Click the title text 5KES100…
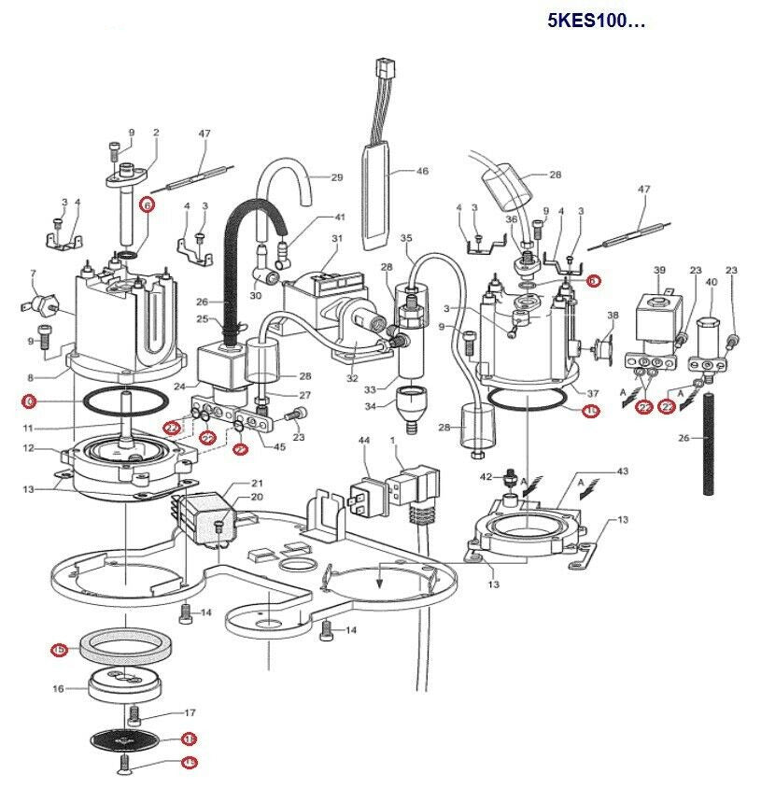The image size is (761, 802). (596, 21)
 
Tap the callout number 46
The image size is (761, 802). (421, 172)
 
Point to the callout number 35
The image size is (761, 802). (405, 239)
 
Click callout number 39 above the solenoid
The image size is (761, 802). (659, 270)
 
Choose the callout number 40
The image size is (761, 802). (711, 282)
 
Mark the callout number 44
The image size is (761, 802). (364, 440)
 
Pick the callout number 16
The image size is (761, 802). (57, 689)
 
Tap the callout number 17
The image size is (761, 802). (190, 713)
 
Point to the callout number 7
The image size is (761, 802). (34, 274)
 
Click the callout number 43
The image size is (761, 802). (622, 471)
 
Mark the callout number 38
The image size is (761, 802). (613, 316)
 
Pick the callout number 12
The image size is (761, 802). (29, 448)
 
